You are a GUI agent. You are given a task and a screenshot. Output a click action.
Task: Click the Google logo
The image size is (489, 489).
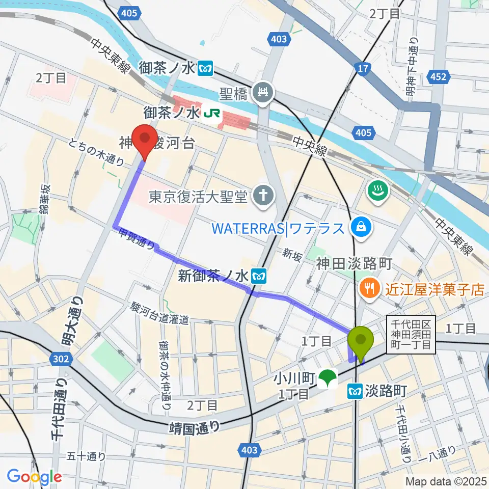[34, 476]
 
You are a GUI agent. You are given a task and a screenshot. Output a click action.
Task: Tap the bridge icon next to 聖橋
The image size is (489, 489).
[264, 92]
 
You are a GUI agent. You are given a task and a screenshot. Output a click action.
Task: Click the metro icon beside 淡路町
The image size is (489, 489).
[354, 391]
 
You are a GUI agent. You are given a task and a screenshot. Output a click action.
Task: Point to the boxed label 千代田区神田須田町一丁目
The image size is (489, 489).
[412, 335]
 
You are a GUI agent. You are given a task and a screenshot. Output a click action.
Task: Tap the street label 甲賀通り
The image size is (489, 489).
[137, 239]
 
